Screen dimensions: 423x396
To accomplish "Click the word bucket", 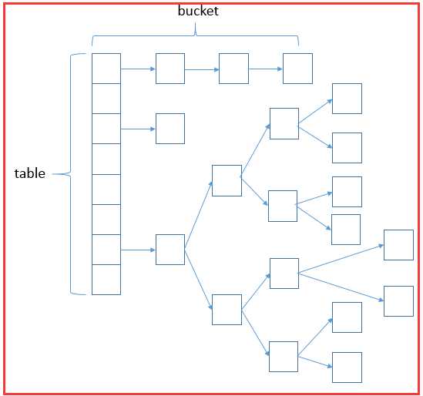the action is click(198, 11).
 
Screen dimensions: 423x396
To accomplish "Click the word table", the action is click(30, 173).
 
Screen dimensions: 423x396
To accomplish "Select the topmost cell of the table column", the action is click(106, 69).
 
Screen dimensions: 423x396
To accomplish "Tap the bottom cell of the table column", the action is click(106, 280).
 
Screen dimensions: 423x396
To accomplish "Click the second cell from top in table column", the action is click(106, 99).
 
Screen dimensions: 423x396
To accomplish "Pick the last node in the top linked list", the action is click(298, 69).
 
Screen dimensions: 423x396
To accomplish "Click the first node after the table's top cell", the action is click(170, 69).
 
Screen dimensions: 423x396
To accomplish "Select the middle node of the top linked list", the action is click(234, 69).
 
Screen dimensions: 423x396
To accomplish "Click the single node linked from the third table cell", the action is click(170, 129).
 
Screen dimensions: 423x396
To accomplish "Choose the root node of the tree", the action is click(170, 250).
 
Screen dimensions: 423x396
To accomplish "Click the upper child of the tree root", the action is click(227, 180).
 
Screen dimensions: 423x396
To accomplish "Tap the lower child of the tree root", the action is click(227, 310).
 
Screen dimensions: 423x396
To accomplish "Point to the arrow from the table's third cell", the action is click(138, 129).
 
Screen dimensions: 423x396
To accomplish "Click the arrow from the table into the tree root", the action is click(138, 250).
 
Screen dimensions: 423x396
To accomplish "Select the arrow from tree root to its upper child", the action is click(199, 215).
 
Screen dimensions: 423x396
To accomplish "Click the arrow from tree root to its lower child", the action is click(199, 280).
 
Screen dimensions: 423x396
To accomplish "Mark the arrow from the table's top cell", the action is click(138, 69).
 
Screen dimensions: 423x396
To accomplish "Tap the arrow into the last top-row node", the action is click(266, 69).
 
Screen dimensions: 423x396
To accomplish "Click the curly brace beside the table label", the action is click(70, 174).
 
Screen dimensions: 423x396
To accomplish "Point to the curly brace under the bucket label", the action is click(195, 35).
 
